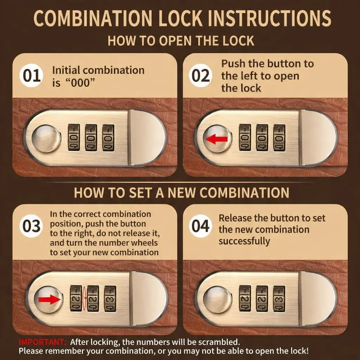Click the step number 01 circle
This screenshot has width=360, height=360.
point(31,76)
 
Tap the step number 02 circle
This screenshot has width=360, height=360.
point(200,76)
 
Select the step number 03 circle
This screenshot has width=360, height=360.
point(31,226)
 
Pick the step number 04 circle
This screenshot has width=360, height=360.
point(200,226)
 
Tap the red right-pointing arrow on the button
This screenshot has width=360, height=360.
point(50,300)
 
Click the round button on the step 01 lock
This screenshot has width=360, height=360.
point(46,138)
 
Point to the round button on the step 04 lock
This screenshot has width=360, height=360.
point(217,300)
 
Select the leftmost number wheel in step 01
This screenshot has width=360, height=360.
point(74,138)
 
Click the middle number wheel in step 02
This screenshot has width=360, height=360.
point(262,138)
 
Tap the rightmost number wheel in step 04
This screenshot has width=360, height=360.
point(279,299)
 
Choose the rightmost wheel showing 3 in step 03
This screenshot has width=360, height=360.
point(110,299)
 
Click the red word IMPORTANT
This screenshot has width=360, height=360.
point(43,342)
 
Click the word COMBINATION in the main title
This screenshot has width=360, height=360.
point(93,18)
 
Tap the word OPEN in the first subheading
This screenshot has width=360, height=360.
point(175,41)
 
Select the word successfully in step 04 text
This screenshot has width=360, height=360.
point(244,242)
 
